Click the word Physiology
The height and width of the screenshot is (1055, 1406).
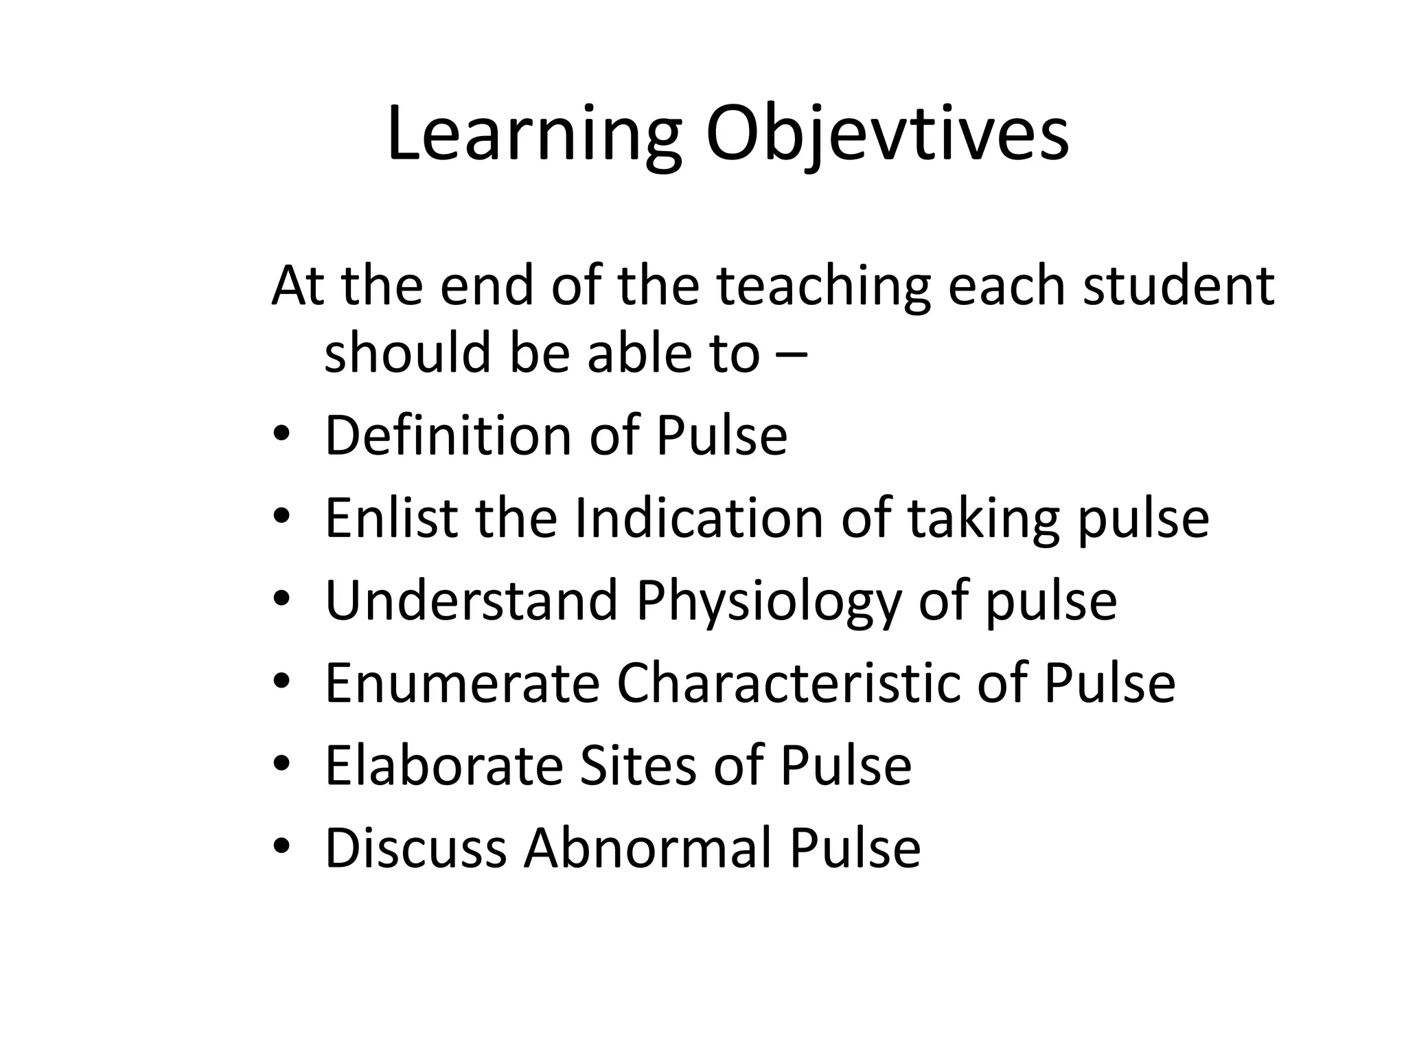[x=768, y=602]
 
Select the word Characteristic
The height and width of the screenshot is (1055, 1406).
[x=789, y=683]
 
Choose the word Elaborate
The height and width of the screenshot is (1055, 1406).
[x=443, y=765]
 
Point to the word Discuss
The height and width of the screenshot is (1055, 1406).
[x=415, y=848]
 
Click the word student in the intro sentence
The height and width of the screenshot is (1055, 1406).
[x=1178, y=285]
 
